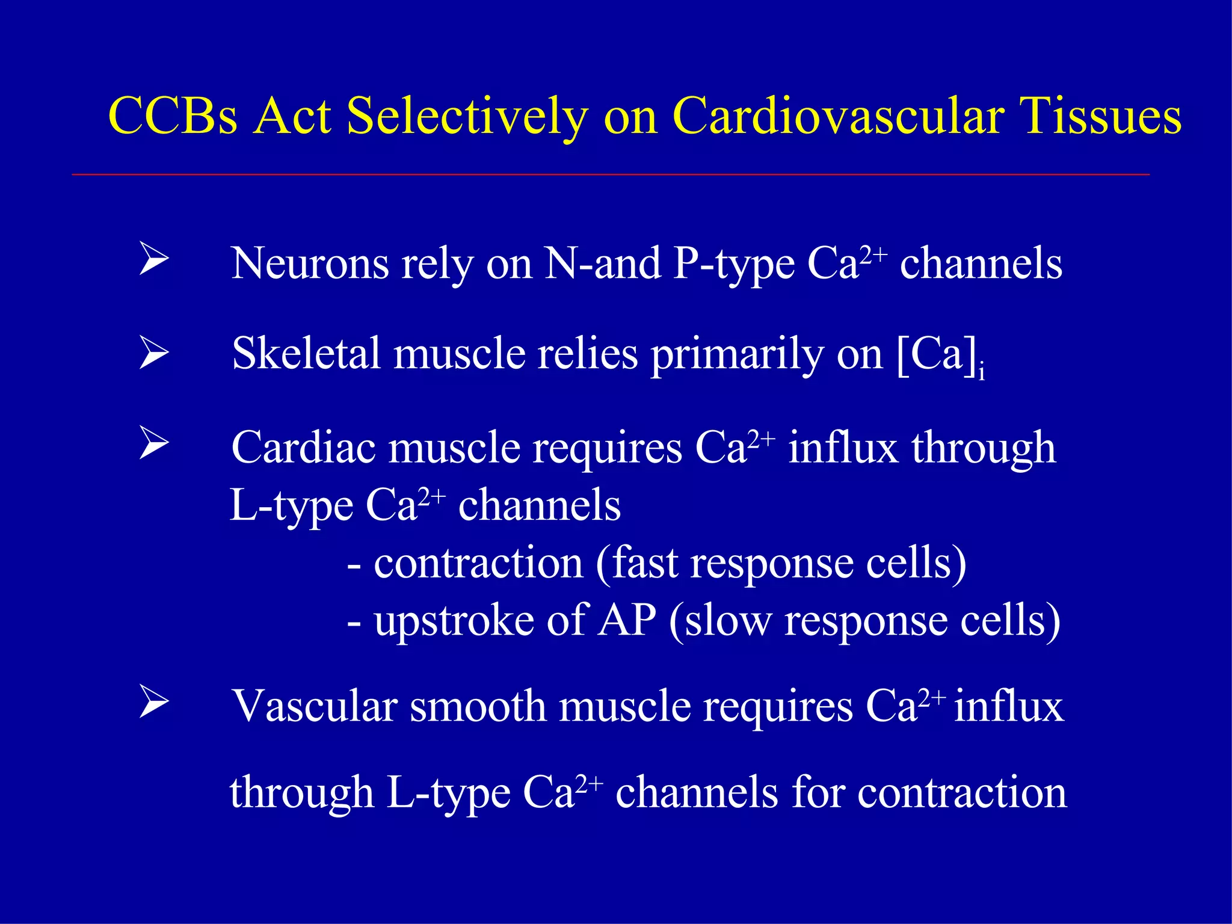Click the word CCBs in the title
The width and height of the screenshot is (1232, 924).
coord(173,115)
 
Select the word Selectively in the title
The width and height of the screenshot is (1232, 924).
coord(467,115)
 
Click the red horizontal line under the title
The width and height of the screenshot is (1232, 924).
coord(610,174)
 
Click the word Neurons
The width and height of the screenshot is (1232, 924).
coord(309,263)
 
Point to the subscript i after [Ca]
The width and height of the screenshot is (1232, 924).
coord(981,373)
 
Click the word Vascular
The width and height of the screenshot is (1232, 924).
coord(315,706)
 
